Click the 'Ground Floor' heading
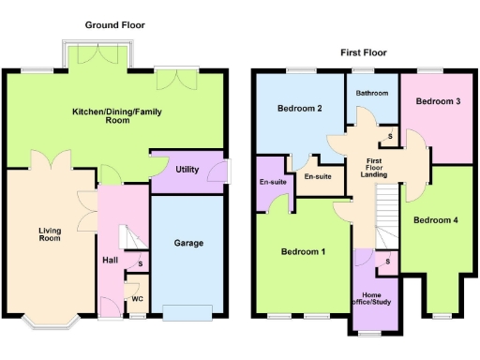point(115,24)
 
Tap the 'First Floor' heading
point(363,52)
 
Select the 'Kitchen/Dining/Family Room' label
point(115,116)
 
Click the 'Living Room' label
point(50,234)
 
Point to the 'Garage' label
point(188,243)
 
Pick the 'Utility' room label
point(186,170)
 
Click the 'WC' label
point(136,300)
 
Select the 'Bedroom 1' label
point(304,252)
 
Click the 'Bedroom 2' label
point(300,109)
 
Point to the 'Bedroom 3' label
point(438,100)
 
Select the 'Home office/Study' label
point(372,299)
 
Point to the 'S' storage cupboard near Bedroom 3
point(390,138)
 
